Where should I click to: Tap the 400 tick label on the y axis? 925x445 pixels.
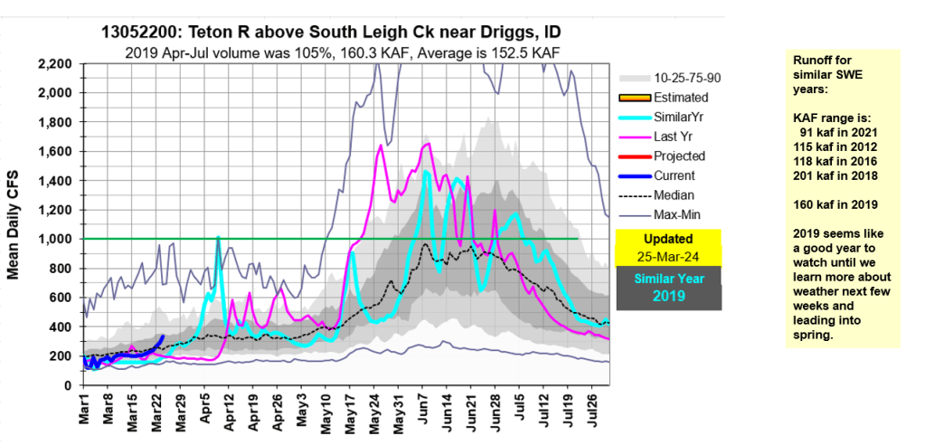pyautogui.click(x=65, y=327)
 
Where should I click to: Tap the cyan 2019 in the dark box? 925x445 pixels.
pyautogui.click(x=669, y=295)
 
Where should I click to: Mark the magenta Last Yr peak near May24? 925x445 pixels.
pyautogui.click(x=381, y=145)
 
